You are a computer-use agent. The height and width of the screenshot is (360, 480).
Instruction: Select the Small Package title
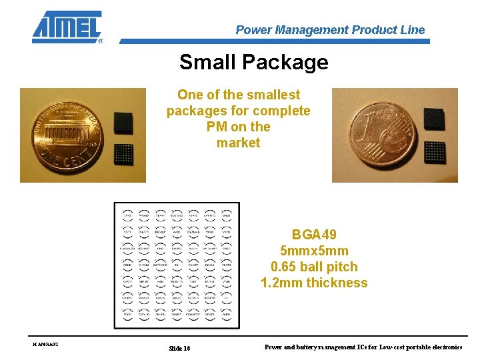click(253, 62)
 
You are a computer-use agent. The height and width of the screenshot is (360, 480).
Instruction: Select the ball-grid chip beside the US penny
click(123, 154)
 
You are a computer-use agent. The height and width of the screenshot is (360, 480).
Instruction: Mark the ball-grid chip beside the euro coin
click(435, 151)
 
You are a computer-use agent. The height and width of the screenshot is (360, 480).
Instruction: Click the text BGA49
click(314, 235)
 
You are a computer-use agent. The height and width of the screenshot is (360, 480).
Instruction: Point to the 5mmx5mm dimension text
click(314, 251)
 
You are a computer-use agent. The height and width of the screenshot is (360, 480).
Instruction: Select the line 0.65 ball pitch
click(314, 267)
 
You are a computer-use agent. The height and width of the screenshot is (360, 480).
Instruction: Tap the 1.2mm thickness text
click(314, 283)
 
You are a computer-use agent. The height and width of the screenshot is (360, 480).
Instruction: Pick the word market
click(238, 143)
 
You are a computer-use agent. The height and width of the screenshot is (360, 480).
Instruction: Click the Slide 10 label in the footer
click(179, 348)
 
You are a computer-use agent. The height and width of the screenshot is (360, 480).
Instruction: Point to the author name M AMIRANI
click(45, 344)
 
